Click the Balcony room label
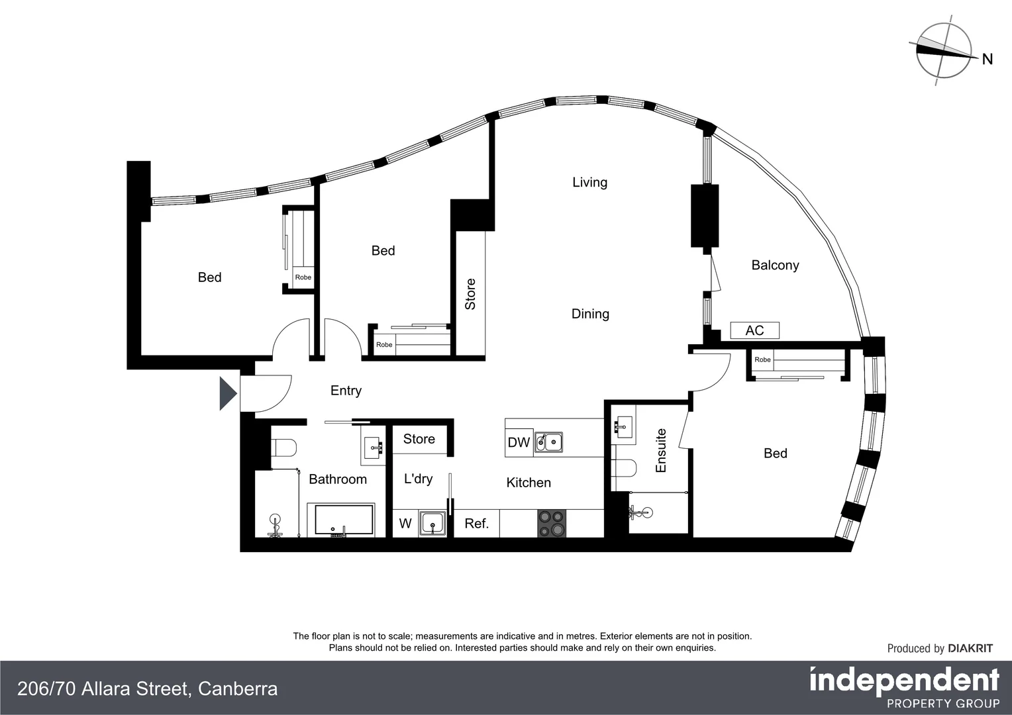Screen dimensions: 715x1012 775,265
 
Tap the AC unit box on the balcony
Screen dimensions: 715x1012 754,330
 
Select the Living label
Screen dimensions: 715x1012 589,182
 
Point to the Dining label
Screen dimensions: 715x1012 590,314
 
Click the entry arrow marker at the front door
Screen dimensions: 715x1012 227,393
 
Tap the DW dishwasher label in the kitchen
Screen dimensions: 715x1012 519,443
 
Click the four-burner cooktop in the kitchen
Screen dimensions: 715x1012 552,523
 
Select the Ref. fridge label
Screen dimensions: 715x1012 476,524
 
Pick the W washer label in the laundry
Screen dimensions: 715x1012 405,524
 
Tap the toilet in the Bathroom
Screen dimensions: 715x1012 284,448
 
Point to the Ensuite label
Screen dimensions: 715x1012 660,450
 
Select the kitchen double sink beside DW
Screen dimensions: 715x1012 548,442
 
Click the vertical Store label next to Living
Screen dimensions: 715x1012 470,294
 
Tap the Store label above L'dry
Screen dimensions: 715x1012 419,439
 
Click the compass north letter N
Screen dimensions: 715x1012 987,60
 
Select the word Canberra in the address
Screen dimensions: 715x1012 237,689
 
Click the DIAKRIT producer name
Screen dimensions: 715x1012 970,649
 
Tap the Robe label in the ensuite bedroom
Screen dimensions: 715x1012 762,360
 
